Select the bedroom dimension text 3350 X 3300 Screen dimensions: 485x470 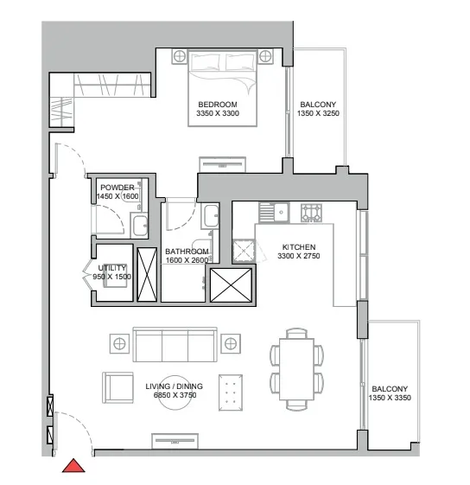[217, 113]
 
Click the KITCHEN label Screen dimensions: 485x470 [298, 246]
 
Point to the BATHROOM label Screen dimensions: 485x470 [187, 252]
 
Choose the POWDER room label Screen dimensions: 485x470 [117, 188]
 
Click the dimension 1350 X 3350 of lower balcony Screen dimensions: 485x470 [391, 399]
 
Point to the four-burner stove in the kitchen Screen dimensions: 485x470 [309, 211]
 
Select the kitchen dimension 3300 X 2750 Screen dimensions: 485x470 [298, 257]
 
